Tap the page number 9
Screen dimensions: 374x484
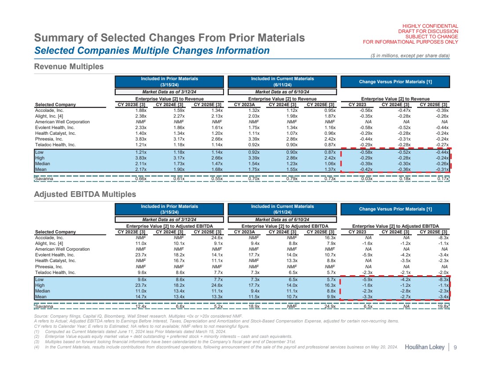[x=455, y=348]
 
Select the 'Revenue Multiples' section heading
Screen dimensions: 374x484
[x=69, y=67]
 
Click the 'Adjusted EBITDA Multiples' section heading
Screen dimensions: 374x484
[x=85, y=194]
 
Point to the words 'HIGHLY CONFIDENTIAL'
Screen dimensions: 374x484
[x=428, y=26]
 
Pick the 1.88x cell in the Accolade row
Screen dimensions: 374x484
[x=140, y=110]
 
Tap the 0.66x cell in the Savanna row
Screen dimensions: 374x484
[x=140, y=179]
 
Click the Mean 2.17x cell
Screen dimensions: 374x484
[x=140, y=169]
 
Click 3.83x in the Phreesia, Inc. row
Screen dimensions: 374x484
[x=140, y=139]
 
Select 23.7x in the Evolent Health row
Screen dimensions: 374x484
[x=141, y=254]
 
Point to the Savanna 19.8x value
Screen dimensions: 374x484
[x=442, y=307]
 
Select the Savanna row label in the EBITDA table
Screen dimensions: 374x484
[x=43, y=307]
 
